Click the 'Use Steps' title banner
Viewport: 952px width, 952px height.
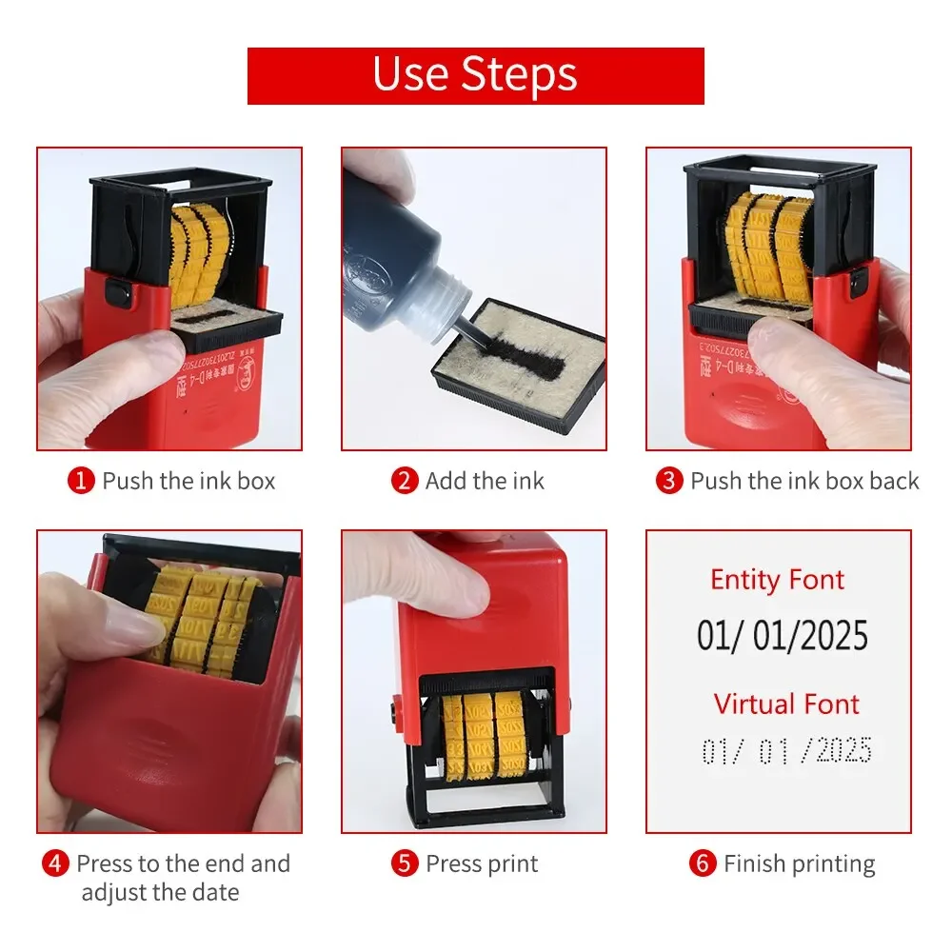point(475,75)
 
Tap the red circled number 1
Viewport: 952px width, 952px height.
point(82,481)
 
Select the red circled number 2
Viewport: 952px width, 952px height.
point(406,481)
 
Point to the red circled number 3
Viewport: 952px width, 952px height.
point(670,481)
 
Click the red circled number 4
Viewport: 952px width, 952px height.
point(56,864)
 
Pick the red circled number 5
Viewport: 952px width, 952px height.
point(406,864)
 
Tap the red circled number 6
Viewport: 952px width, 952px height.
point(703,864)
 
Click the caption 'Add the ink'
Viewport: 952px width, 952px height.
point(485,481)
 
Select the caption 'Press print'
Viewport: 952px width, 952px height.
point(482,864)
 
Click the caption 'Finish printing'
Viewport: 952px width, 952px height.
point(799,864)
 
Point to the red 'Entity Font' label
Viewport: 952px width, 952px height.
point(777,580)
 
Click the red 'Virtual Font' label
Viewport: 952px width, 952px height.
point(786,704)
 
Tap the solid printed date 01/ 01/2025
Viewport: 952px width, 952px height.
point(782,636)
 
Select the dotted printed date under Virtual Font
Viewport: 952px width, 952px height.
point(786,751)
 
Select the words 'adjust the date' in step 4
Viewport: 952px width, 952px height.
point(160,893)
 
